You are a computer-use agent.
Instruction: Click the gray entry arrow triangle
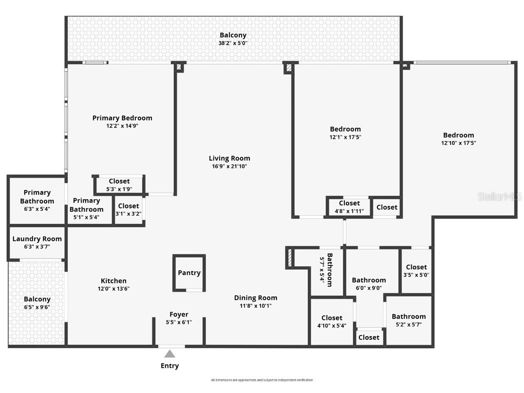(x=169, y=354)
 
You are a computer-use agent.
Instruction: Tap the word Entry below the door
(x=169, y=366)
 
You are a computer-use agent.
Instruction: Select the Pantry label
(x=189, y=273)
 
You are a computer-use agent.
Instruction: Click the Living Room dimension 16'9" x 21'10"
(x=229, y=167)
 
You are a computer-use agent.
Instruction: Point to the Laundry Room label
(x=37, y=239)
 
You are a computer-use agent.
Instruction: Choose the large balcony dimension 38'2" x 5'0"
(x=233, y=43)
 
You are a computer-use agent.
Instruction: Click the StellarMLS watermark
(x=500, y=196)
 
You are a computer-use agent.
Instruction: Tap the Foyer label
(x=179, y=315)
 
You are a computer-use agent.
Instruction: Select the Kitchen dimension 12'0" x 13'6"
(x=113, y=289)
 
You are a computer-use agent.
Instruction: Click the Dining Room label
(x=256, y=298)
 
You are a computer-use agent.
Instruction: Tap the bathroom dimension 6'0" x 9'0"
(x=369, y=288)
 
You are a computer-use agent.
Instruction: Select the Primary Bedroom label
(x=122, y=118)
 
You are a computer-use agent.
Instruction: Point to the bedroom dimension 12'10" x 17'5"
(x=458, y=143)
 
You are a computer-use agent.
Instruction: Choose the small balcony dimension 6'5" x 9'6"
(x=37, y=307)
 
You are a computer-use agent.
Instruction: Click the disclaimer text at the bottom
(x=262, y=380)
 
